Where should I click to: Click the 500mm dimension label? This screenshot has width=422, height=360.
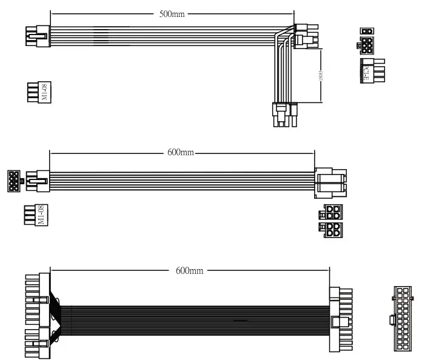click(x=172, y=15)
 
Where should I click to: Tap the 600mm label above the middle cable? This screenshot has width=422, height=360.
click(x=180, y=152)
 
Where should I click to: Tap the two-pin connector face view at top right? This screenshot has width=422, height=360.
click(x=366, y=31)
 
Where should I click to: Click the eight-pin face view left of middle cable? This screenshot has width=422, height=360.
click(x=13, y=181)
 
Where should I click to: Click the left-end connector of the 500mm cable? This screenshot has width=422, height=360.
click(x=38, y=35)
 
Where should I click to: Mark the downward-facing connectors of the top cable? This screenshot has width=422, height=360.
click(x=285, y=115)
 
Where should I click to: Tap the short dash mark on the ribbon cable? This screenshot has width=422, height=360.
click(x=239, y=319)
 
